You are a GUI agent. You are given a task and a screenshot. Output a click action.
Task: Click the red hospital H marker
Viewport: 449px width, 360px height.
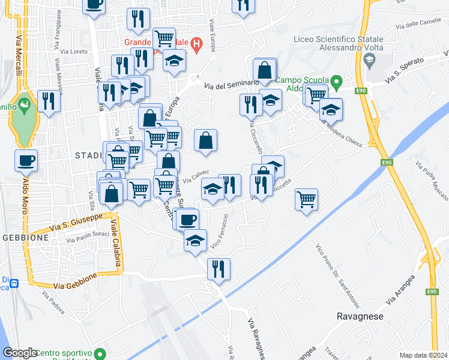(x=196, y=44)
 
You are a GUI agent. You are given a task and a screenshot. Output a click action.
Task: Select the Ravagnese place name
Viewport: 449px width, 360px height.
(x=360, y=316)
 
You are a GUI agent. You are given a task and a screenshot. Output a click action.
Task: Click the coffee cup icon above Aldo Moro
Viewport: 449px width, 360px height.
(x=26, y=160)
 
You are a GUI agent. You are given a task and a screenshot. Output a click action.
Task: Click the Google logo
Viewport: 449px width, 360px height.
(x=20, y=353)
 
